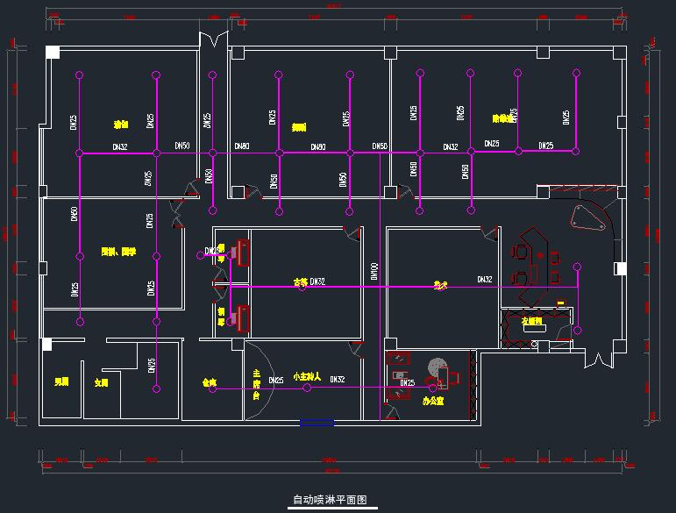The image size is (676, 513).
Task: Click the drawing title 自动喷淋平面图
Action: [x=329, y=500]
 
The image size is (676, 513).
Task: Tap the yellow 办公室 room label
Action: [x=432, y=401]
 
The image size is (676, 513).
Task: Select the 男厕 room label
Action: [x=61, y=382]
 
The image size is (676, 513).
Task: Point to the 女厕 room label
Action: [x=102, y=383]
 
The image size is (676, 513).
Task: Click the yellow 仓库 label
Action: [x=209, y=383]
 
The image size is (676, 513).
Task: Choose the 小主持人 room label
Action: [x=307, y=376]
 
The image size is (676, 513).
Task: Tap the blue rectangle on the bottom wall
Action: [x=317, y=423]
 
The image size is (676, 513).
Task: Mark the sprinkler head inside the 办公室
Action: [x=431, y=387]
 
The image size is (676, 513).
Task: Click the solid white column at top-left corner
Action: [x=53, y=53]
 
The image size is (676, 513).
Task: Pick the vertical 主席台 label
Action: [x=257, y=384]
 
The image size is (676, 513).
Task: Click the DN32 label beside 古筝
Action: [x=317, y=281]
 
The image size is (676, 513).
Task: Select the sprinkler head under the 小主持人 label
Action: [x=307, y=387]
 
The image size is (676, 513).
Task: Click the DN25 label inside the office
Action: [x=408, y=382]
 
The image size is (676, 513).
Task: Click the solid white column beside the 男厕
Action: [x=48, y=345]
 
